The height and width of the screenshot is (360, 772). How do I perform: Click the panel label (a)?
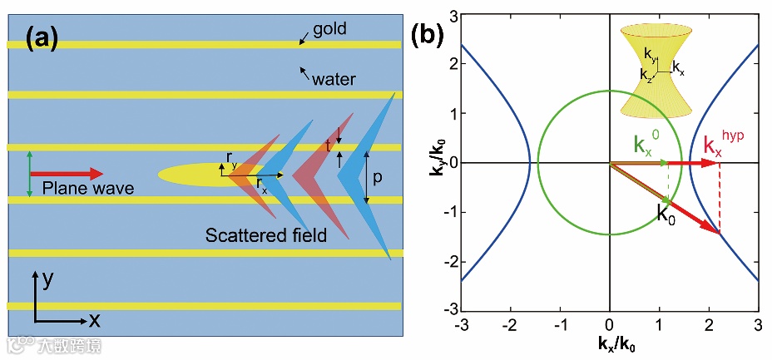click(42, 38)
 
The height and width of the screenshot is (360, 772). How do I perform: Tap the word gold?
click(329, 30)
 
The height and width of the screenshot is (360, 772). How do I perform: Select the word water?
click(334, 80)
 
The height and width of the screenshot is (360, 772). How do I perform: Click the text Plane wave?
click(87, 189)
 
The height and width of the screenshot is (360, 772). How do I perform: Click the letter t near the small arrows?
click(329, 144)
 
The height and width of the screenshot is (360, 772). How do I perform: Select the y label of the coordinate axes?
click(48, 280)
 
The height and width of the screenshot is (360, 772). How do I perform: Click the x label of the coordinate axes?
click(94, 319)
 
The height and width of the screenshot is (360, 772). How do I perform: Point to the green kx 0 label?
click(649, 145)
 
